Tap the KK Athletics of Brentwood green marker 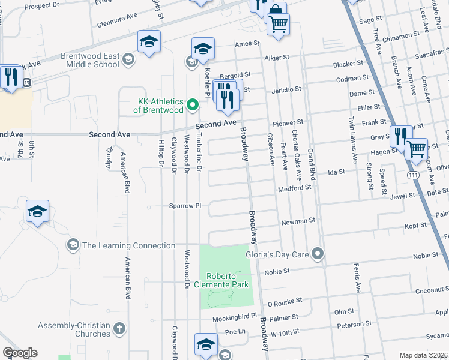pyautogui.click(x=193, y=106)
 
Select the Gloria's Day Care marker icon pyautogui.click(x=318, y=254)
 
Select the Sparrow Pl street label pyautogui.click(x=184, y=205)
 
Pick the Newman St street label pyautogui.click(x=298, y=221)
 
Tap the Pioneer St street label pyautogui.click(x=288, y=122)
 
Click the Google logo pyautogui.click(x=20, y=353)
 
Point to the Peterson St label pyautogui.click(x=351, y=325)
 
